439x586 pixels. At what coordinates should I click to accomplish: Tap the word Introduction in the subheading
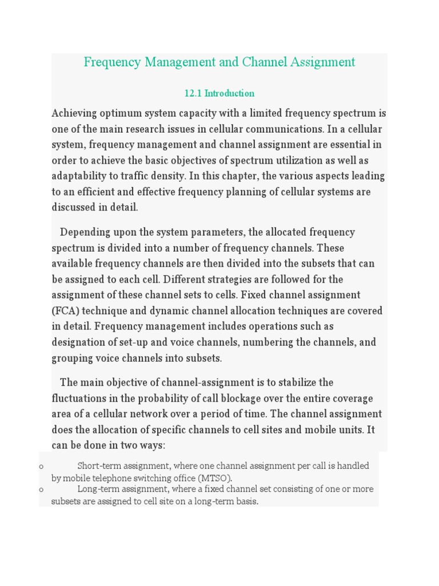click(x=229, y=93)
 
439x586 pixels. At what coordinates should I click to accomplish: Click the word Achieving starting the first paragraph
click(x=75, y=113)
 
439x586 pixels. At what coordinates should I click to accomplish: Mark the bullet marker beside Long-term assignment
click(x=41, y=490)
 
